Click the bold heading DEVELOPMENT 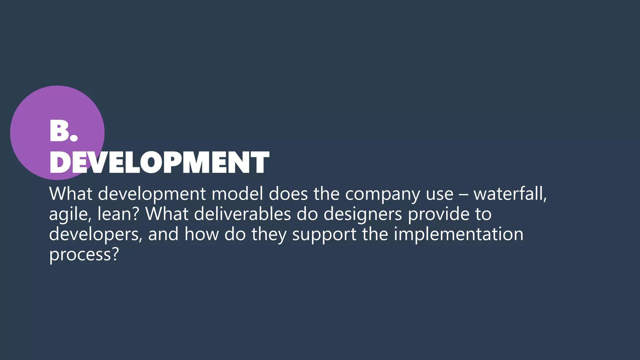click(x=159, y=162)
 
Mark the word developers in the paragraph click(x=95, y=235)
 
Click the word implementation click(x=458, y=235)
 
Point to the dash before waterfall click(x=463, y=194)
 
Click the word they click(x=269, y=235)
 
